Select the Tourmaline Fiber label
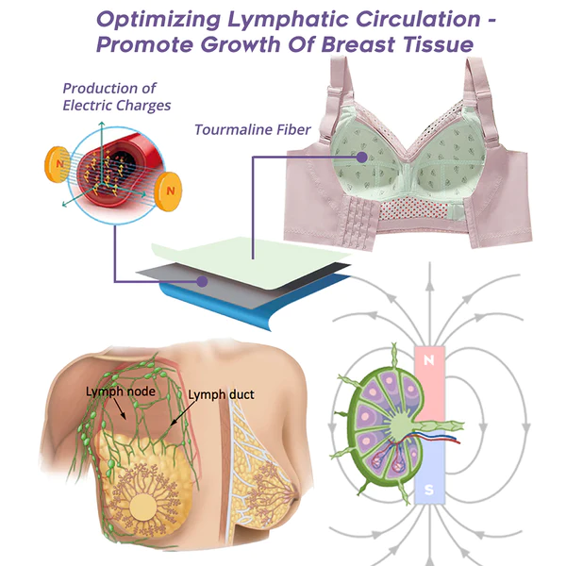(x=252, y=128)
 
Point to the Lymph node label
(x=119, y=391)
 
